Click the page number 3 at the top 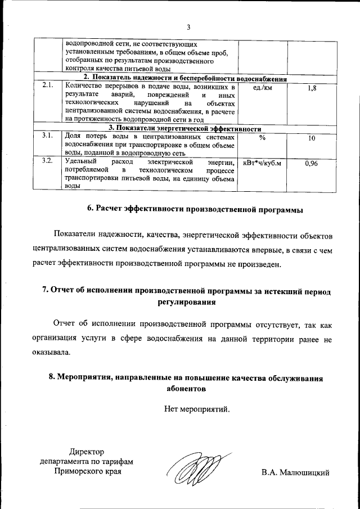(189, 28)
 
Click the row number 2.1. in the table (47, 86)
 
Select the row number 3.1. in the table (47, 136)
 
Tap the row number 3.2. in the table (47, 161)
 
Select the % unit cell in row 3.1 (263, 137)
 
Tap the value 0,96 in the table (312, 163)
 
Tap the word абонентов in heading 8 (188, 388)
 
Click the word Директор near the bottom (87, 452)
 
